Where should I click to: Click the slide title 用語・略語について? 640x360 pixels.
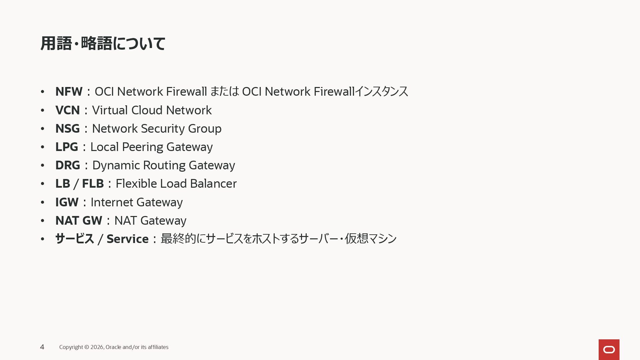(103, 43)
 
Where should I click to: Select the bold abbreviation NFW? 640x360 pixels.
(69, 92)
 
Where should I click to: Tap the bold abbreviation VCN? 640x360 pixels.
(67, 110)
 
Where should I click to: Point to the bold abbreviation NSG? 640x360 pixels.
(67, 129)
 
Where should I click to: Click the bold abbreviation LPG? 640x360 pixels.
(67, 147)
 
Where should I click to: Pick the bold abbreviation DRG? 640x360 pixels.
(68, 165)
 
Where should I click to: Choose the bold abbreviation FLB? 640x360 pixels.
(93, 184)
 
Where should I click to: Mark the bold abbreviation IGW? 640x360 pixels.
(67, 202)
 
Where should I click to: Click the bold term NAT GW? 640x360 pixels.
(79, 221)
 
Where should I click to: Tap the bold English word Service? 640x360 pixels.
(127, 239)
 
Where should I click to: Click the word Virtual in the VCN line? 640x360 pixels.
(110, 110)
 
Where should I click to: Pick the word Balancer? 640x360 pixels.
(213, 184)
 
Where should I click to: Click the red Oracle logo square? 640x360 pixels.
(609, 349)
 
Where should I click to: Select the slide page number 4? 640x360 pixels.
(42, 347)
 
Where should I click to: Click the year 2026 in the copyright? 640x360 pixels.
(97, 347)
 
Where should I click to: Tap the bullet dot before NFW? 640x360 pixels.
(42, 92)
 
